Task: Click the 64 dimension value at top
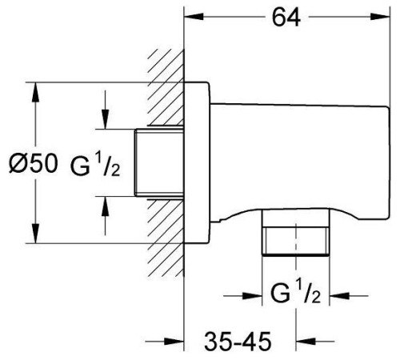(286, 18)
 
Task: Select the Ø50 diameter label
(33, 163)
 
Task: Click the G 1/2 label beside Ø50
(95, 166)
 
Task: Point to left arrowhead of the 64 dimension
(194, 17)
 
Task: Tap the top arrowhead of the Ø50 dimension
(35, 92)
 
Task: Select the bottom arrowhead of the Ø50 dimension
(35, 234)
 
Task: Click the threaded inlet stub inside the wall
(159, 162)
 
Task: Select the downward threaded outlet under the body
(296, 233)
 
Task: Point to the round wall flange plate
(197, 162)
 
